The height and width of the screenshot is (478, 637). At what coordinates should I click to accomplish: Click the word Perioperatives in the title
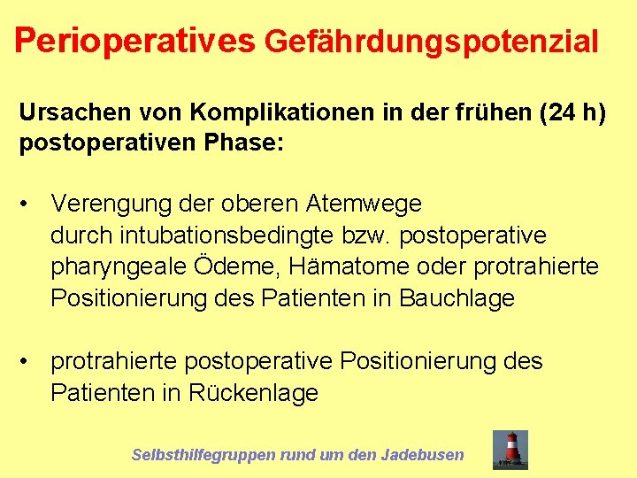coord(134,40)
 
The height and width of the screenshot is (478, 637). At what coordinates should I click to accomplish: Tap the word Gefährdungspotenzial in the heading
coord(432,42)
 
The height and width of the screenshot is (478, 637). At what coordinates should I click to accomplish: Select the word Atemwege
coord(364,204)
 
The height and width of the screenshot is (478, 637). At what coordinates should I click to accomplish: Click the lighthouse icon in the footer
coord(510,449)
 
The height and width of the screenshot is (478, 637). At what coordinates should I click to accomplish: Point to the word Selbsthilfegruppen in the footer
coord(203,455)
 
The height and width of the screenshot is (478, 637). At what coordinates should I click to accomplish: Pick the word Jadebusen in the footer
coord(422,455)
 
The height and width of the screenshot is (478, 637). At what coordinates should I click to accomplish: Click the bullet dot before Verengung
coord(29,204)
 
